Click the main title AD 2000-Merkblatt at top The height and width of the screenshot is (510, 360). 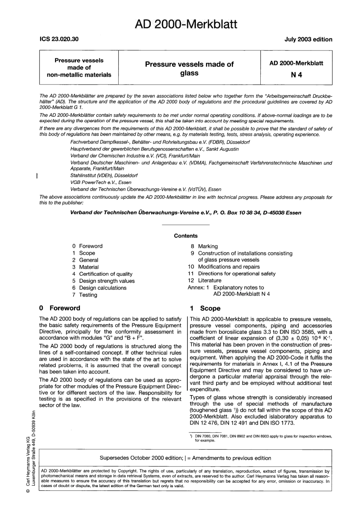click(x=186, y=24)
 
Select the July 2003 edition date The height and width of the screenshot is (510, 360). click(x=308, y=39)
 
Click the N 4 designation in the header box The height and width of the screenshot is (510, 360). click(x=296, y=75)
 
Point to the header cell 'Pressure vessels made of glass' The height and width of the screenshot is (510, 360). click(x=189, y=69)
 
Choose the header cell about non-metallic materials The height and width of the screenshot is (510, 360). click(x=79, y=67)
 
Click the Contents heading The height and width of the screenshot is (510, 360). click(x=186, y=236)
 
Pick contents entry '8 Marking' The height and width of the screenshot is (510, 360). click(x=204, y=246)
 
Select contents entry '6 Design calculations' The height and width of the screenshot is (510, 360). click(x=99, y=288)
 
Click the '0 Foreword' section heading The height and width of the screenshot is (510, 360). click(x=60, y=308)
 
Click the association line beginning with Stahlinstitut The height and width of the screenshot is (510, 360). click(x=104, y=176)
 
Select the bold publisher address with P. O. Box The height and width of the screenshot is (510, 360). click(x=186, y=213)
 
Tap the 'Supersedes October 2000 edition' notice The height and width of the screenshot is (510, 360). click(x=185, y=458)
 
